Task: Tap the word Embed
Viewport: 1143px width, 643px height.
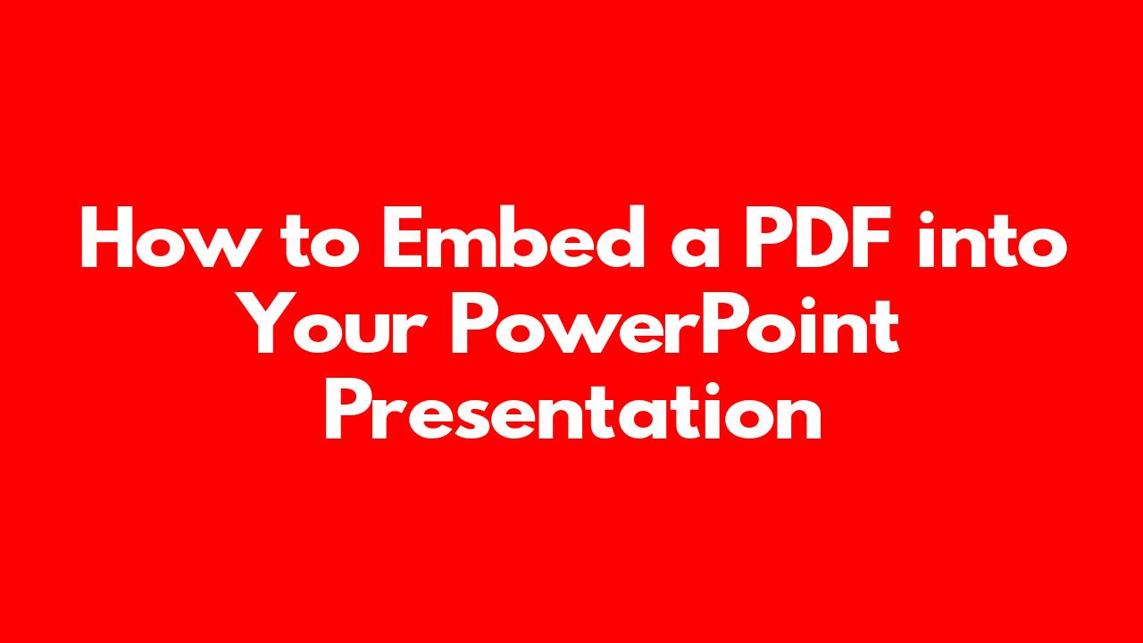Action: pos(513,236)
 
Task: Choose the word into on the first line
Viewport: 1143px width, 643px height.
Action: pos(992,238)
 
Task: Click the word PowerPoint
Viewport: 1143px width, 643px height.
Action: pos(674,324)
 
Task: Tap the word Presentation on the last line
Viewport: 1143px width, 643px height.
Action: pos(573,410)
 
